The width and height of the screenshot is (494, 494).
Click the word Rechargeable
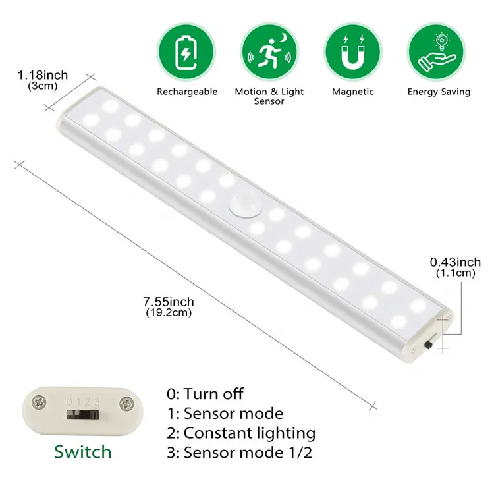[187, 92]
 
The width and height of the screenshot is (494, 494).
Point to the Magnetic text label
[353, 92]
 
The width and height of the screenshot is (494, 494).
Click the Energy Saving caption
[439, 92]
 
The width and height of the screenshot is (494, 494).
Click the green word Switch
[83, 452]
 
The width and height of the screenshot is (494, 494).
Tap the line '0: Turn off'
[205, 394]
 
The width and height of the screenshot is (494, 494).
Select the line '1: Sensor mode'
[225, 414]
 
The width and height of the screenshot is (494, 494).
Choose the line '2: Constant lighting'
[241, 433]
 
